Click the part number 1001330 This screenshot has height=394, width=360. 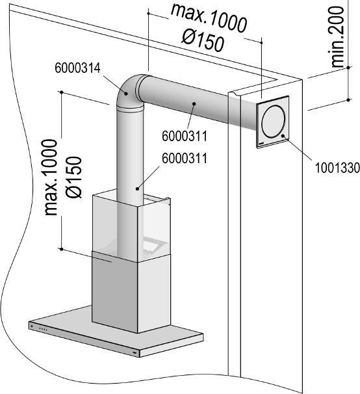(328, 167)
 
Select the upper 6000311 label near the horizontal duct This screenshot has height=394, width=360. (184, 137)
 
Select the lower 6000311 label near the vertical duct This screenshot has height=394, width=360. (184, 159)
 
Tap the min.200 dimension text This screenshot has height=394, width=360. (337, 36)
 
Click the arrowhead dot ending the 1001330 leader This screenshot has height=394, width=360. (284, 137)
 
